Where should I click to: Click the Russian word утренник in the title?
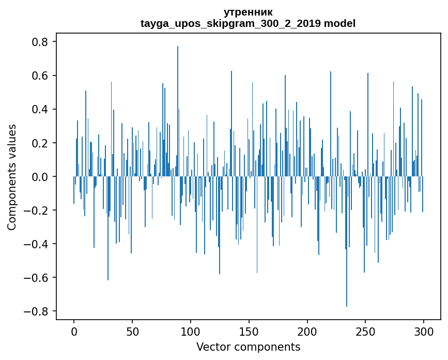(x=248, y=12)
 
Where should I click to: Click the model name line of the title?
(x=248, y=23)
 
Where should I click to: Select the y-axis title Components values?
(x=12, y=177)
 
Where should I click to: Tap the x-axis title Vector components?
(x=248, y=347)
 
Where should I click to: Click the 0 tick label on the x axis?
(x=74, y=331)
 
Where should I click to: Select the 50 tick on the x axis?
(x=132, y=331)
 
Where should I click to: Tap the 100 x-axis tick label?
(x=191, y=331)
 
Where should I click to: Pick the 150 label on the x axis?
(x=249, y=331)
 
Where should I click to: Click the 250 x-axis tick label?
(x=366, y=331)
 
